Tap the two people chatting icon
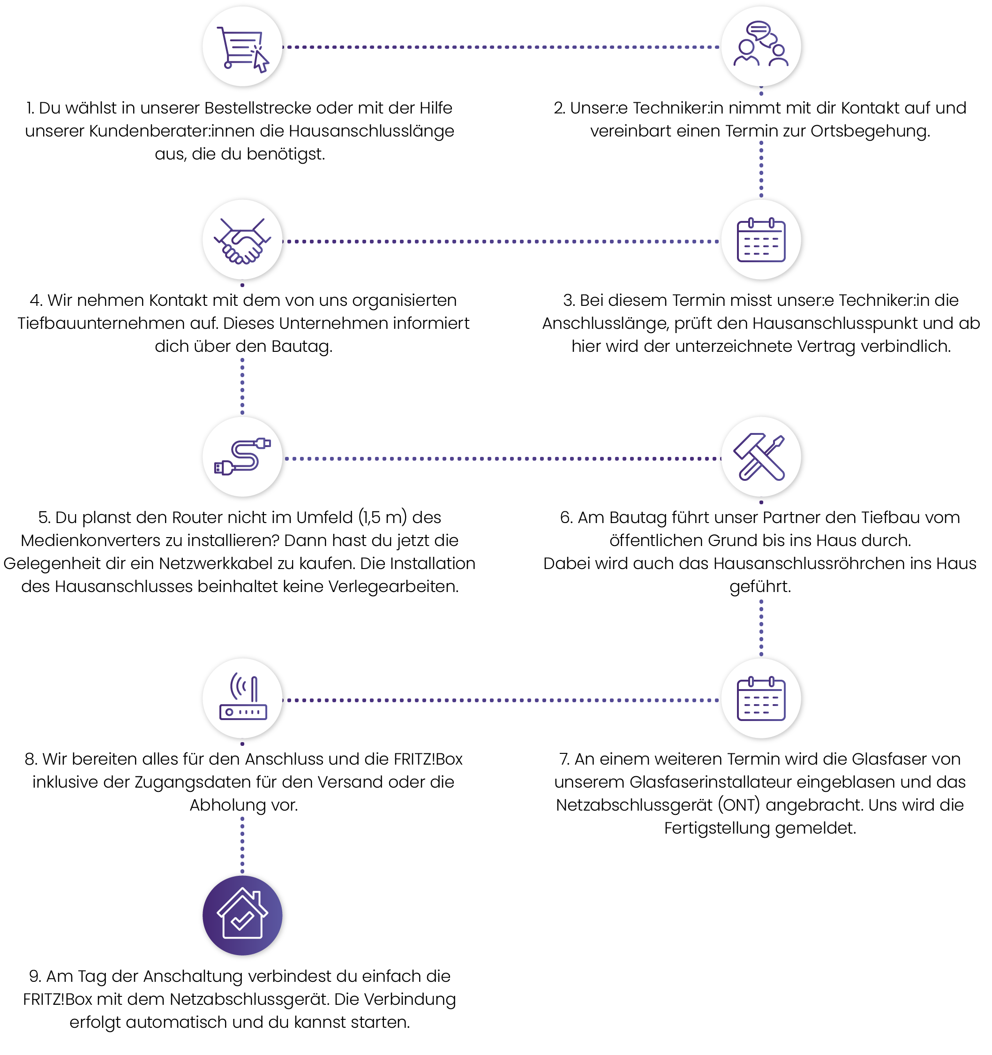(760, 44)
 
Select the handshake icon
(242, 240)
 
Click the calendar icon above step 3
(761, 240)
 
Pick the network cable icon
(242, 456)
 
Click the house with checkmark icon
(242, 915)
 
